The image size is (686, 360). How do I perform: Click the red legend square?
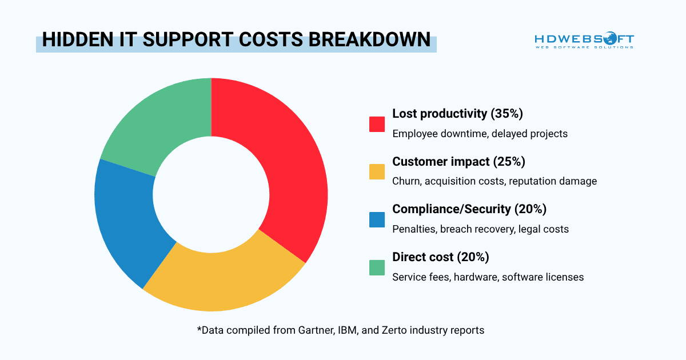[x=377, y=124]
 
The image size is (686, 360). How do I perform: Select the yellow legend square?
[x=377, y=171]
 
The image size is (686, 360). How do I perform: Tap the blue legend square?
[x=377, y=219]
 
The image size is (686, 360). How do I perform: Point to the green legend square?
[x=377, y=267]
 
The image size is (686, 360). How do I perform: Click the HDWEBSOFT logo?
[x=584, y=41]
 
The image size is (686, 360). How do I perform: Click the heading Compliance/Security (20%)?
[x=469, y=209]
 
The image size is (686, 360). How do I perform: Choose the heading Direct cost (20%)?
[x=440, y=257]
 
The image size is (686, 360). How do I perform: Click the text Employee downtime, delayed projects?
[x=480, y=134]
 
